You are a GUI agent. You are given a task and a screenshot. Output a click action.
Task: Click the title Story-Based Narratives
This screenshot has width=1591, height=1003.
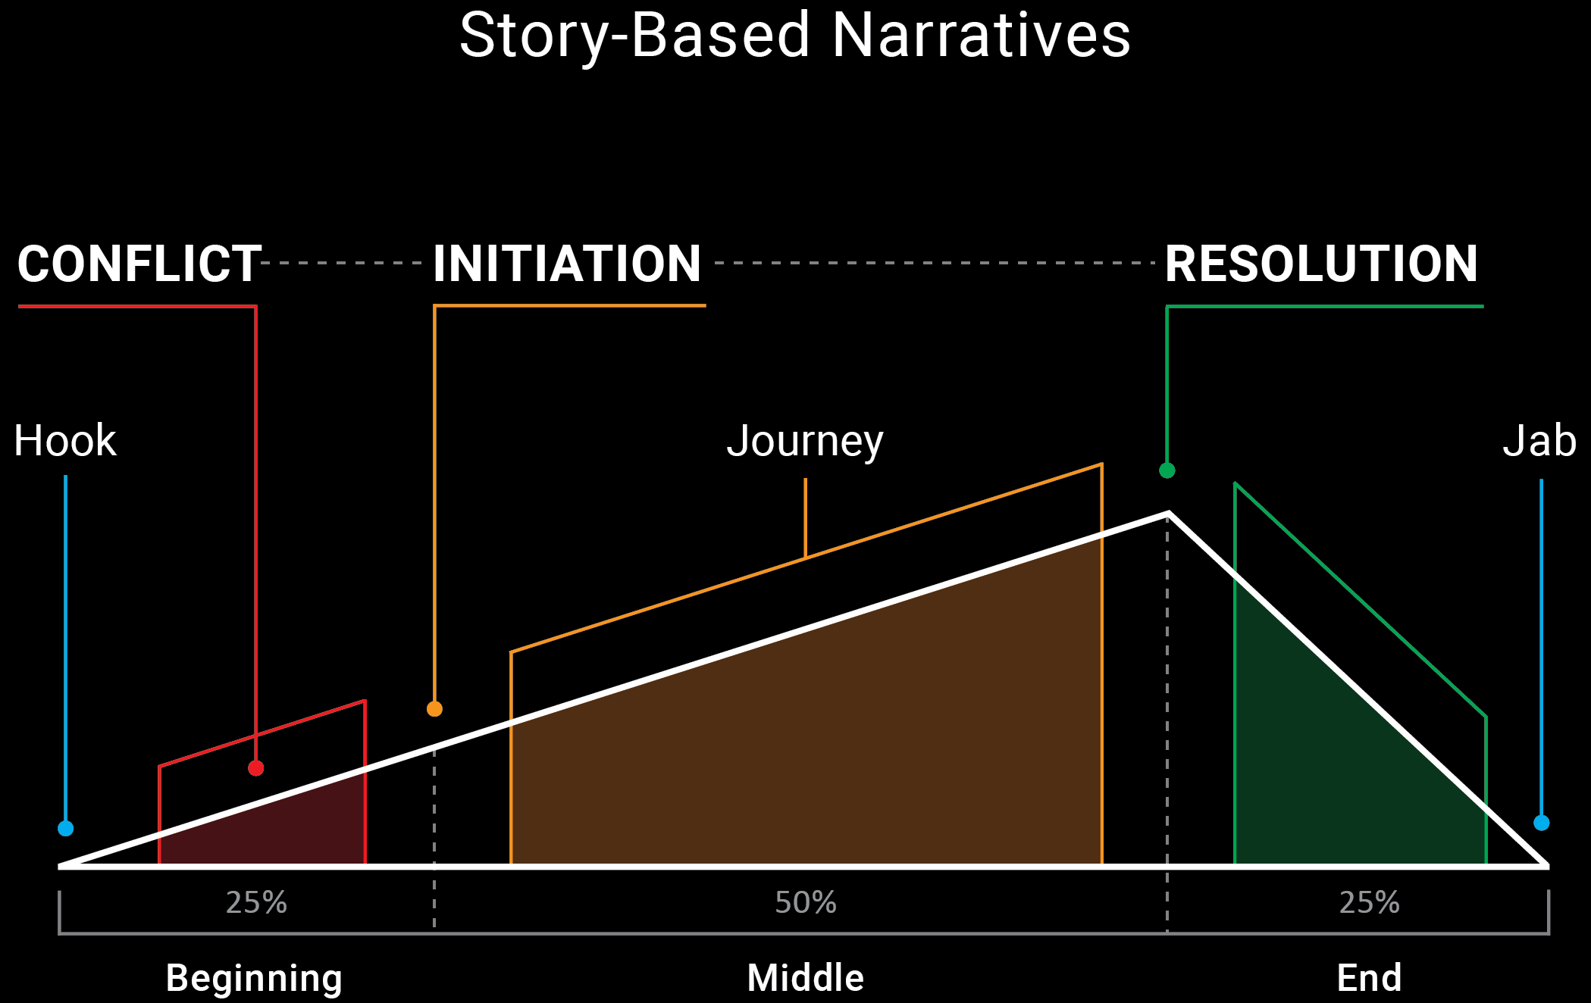pos(795,36)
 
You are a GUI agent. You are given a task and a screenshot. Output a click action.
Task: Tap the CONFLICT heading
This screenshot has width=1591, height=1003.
pos(139,264)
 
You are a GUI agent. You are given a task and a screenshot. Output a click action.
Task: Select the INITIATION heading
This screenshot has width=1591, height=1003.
pos(567,264)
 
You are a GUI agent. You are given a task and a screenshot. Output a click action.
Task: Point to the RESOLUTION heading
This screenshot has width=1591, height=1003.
pos(1321,264)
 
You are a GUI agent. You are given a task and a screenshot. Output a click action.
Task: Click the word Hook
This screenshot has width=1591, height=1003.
pos(65,441)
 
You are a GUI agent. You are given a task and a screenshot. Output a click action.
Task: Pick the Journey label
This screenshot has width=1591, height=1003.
pos(805,441)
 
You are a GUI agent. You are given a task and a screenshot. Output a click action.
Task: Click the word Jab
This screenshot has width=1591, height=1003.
pos(1539,441)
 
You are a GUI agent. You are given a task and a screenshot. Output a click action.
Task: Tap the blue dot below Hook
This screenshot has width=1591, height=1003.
pos(66,828)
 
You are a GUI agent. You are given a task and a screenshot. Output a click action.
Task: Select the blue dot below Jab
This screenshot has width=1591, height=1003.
pos(1541,823)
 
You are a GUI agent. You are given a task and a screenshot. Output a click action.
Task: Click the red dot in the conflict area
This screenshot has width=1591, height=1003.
pos(256,768)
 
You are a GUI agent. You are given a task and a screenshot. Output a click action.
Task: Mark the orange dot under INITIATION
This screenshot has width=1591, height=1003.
pos(434,709)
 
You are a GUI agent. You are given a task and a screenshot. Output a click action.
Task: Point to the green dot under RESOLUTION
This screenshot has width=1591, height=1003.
pos(1167,470)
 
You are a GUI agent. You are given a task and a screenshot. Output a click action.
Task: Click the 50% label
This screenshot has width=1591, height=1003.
pos(806,902)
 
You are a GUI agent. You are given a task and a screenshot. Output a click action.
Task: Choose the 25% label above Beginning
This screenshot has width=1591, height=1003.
pos(256,902)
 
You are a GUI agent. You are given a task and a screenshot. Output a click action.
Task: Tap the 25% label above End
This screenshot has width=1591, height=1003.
pos(1369,902)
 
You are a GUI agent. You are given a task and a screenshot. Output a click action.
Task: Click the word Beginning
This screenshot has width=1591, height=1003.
pos(254,977)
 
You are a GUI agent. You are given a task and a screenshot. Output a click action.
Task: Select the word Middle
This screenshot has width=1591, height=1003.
pos(806,977)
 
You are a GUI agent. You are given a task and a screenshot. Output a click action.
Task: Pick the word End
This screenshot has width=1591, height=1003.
pos(1369,977)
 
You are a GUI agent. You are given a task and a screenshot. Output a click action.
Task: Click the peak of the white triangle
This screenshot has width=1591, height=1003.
pos(1168,514)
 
